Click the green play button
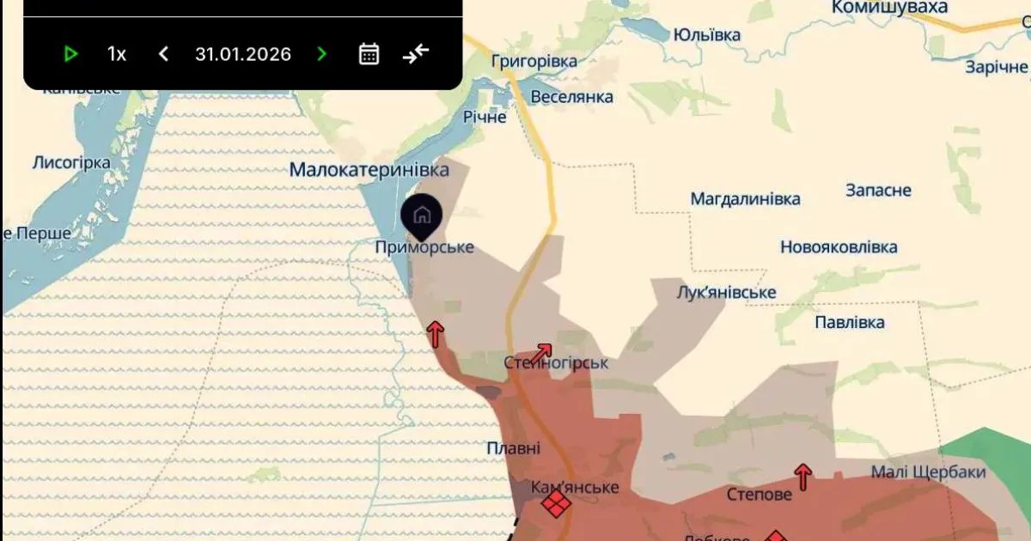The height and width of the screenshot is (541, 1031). point(71,54)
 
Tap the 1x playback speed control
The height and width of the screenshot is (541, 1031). point(117,54)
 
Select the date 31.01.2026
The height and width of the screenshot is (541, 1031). point(243,54)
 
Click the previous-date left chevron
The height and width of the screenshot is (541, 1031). point(163,54)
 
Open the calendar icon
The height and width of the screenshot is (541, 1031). point(369,54)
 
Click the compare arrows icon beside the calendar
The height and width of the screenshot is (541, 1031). point(416,54)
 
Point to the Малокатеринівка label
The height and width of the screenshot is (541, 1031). point(369,170)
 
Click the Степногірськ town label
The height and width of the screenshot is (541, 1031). point(556,363)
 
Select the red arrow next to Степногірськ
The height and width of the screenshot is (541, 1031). point(540,351)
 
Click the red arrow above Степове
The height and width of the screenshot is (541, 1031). point(802,476)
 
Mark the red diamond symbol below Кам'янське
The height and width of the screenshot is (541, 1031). point(557,504)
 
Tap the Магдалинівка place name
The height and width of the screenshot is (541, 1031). point(745,199)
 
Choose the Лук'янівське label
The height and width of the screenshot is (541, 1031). point(726,293)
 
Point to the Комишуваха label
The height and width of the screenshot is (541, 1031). point(889,8)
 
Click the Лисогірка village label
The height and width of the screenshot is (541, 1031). point(71,163)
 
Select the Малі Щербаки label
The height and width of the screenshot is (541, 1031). point(928,472)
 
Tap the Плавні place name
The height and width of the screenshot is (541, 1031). point(514,448)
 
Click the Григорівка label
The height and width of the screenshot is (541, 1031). point(534,62)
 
